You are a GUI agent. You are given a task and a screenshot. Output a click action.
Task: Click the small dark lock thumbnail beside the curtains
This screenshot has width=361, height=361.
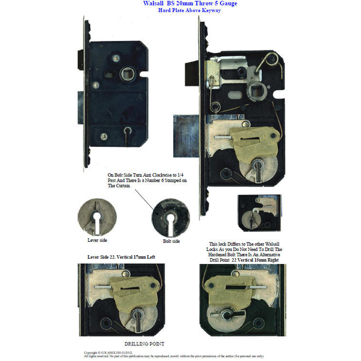(x=259, y=214)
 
